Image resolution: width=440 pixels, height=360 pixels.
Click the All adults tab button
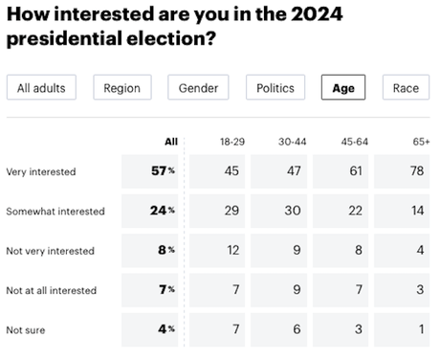[x=41, y=88]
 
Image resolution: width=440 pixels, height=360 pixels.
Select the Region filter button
[x=122, y=88]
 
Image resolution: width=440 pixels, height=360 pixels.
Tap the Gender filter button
[x=198, y=88]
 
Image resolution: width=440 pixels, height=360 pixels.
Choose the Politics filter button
[x=275, y=88]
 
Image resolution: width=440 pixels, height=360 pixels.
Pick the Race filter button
[x=406, y=88]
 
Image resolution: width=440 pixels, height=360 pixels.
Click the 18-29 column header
[x=231, y=141]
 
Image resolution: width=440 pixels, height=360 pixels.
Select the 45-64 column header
[x=355, y=141]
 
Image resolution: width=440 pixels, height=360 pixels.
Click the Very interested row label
[x=40, y=171]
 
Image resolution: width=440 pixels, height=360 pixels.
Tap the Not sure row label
[x=26, y=329]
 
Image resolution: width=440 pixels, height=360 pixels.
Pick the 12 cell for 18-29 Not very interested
[x=231, y=251]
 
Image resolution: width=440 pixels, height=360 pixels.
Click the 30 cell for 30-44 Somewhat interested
[x=294, y=211]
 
